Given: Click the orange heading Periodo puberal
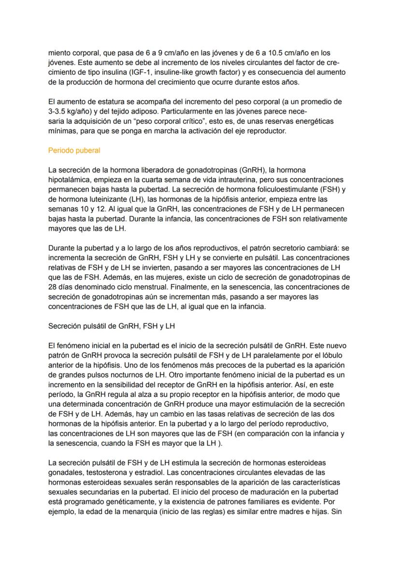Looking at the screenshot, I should coord(74,150).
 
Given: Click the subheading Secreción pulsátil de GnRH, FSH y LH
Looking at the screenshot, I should coord(111,326).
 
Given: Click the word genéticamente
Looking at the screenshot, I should coord(121,502).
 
